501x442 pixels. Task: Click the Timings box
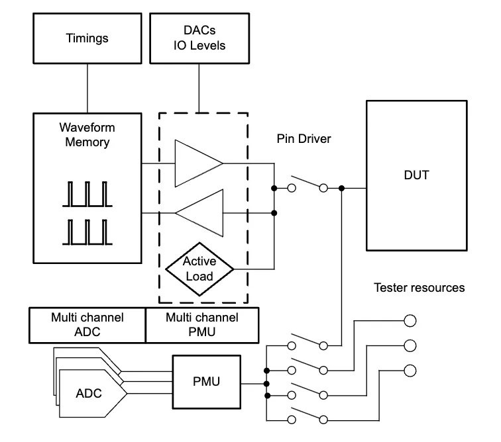click(87, 38)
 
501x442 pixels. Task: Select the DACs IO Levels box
click(199, 38)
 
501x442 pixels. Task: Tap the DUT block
click(416, 175)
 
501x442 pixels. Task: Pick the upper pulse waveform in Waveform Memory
click(87, 194)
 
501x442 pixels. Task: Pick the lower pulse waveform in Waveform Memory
click(87, 232)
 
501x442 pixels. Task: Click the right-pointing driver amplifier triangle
click(198, 163)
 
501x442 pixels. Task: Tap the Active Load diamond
click(199, 268)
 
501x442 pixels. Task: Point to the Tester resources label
click(419, 287)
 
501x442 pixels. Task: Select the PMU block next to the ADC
click(206, 382)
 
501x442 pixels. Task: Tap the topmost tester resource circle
click(410, 321)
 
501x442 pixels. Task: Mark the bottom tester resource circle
click(410, 370)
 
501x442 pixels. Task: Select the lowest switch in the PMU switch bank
click(307, 417)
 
